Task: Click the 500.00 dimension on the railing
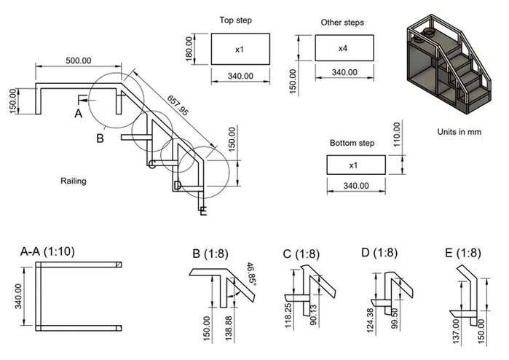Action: tap(79, 60)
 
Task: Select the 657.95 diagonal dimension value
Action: tap(178, 105)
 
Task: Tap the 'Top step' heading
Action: tap(236, 20)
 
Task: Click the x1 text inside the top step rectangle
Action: tap(240, 50)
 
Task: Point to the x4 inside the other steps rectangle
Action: tap(343, 48)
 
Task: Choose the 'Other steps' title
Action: tap(342, 23)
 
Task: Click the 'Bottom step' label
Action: tap(352, 143)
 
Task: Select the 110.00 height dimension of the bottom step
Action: tap(397, 135)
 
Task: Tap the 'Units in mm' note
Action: tap(459, 132)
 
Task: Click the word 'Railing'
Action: tap(74, 181)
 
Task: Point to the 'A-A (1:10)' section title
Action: tap(47, 251)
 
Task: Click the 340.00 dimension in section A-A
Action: tap(18, 296)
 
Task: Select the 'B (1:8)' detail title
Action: tap(210, 254)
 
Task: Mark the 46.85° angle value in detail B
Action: tap(252, 275)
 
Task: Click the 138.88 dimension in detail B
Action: tap(229, 328)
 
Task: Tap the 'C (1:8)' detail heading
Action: tap(301, 254)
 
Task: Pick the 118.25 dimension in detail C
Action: tap(288, 316)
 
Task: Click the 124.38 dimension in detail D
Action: tap(370, 321)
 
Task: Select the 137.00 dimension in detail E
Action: tap(456, 332)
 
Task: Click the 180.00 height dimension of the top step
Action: tap(189, 49)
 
